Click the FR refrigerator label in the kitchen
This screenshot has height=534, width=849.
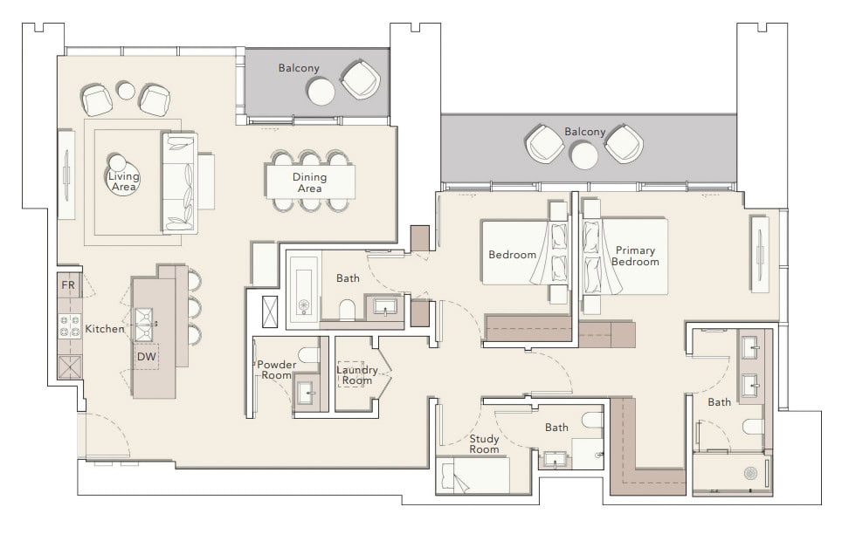point(67,284)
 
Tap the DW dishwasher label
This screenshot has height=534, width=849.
point(146,357)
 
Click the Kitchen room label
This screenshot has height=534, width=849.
point(105,328)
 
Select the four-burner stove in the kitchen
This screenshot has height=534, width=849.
point(70,326)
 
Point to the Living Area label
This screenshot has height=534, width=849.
point(123,181)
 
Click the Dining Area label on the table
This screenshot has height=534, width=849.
point(310,182)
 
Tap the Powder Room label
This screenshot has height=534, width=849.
point(276,370)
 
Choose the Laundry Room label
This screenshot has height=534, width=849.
point(357,375)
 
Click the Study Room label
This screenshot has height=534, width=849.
point(484,444)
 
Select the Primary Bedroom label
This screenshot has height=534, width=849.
point(635,256)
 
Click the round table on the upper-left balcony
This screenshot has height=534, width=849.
point(321,91)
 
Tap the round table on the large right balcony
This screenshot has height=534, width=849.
point(584,155)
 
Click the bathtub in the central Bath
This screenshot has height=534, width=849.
point(304,289)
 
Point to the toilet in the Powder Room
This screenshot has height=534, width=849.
point(308,355)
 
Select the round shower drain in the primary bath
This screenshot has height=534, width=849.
point(750,474)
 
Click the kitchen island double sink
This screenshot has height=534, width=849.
point(143,325)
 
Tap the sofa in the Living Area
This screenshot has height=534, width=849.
point(179,184)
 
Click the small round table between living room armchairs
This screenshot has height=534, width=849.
point(126,91)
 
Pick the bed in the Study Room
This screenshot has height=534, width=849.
point(473,475)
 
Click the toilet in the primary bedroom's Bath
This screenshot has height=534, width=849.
point(754,427)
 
